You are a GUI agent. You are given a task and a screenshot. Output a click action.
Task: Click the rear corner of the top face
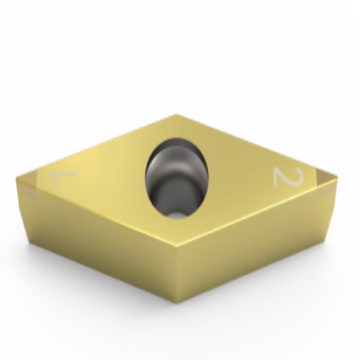pyautogui.click(x=176, y=116)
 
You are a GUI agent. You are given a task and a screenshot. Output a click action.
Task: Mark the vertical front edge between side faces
pyautogui.click(x=179, y=274)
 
